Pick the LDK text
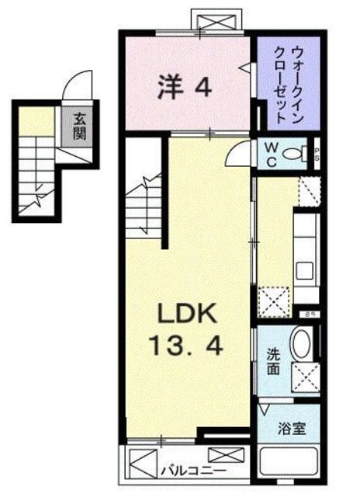(x=191, y=314)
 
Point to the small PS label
(x=316, y=154)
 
